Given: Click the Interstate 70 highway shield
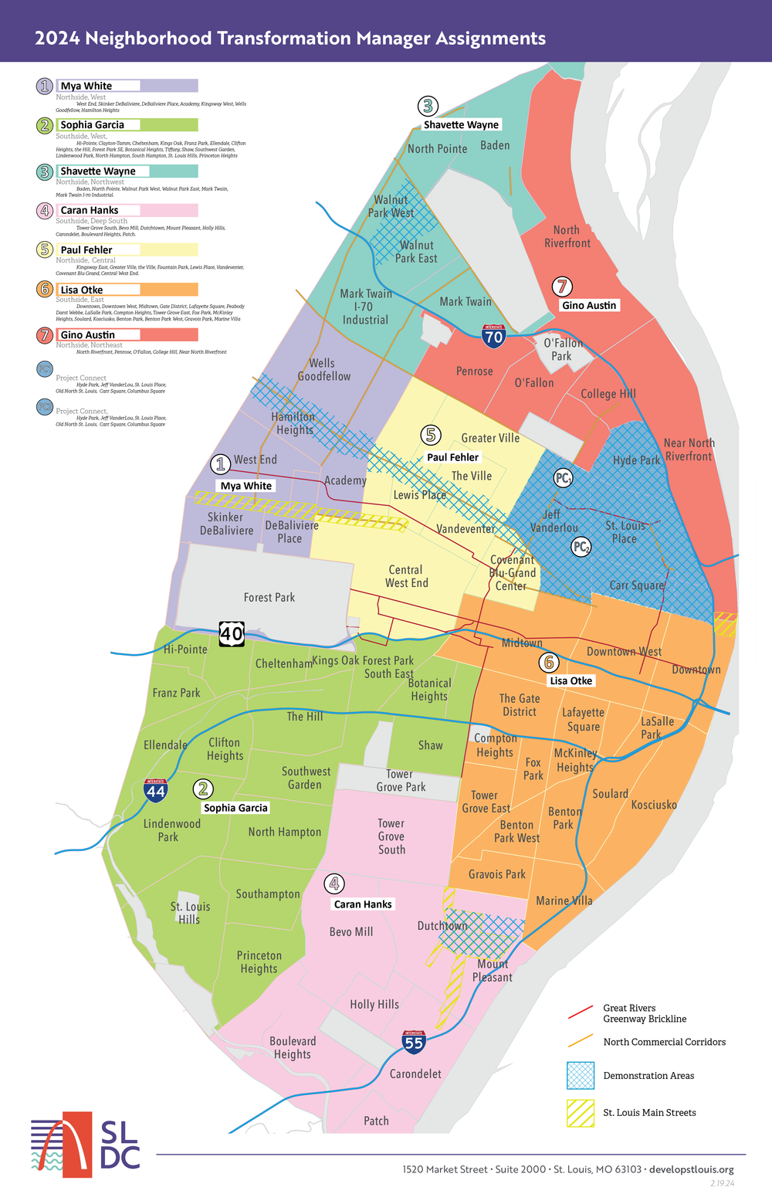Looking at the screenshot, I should pyautogui.click(x=494, y=335).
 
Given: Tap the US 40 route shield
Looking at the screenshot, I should pyautogui.click(x=232, y=633).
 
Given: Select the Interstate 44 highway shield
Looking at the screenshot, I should pyautogui.click(x=156, y=791).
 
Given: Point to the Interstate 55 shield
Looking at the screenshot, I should pyautogui.click(x=414, y=1042).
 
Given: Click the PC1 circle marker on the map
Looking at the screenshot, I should pyautogui.click(x=564, y=479).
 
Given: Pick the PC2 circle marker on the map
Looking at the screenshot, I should pyautogui.click(x=581, y=548).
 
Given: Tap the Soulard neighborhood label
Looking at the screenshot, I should pyautogui.click(x=610, y=794).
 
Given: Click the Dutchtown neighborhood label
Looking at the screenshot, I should pyautogui.click(x=442, y=925).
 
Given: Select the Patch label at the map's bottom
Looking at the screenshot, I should pyautogui.click(x=376, y=1121).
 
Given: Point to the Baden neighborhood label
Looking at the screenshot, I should pyautogui.click(x=495, y=145).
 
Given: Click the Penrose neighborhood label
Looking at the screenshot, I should pyautogui.click(x=474, y=371).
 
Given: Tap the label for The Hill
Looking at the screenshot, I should pyautogui.click(x=305, y=717).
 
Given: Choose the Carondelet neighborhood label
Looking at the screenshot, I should pyautogui.click(x=415, y=1074).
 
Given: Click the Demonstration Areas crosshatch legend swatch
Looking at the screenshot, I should pyautogui.click(x=581, y=1076).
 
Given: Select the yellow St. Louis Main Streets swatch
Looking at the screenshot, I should pyautogui.click(x=581, y=1113).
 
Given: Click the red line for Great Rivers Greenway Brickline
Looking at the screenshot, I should pyautogui.click(x=581, y=1013).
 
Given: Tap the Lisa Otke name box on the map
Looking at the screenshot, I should pyautogui.click(x=571, y=680).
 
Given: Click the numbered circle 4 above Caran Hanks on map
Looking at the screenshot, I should pyautogui.click(x=334, y=884).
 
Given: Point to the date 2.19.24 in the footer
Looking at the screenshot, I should pyautogui.click(x=722, y=1183).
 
